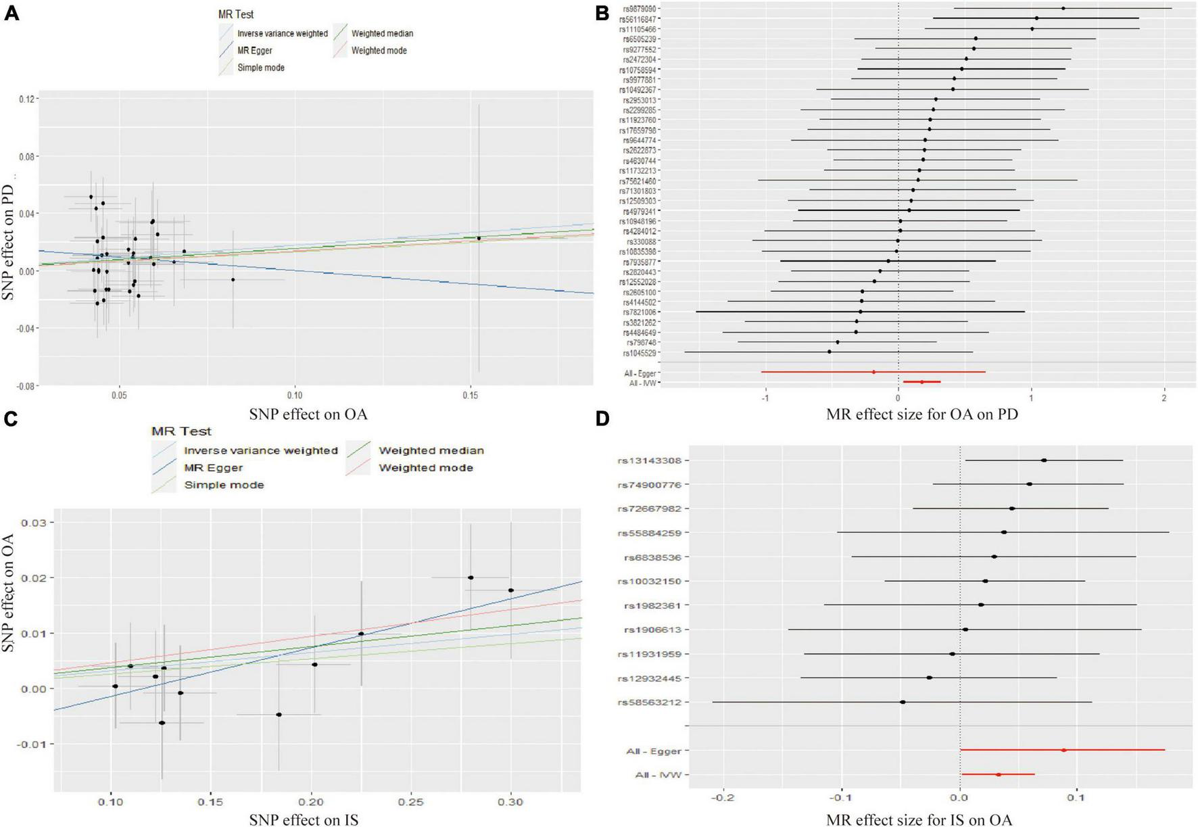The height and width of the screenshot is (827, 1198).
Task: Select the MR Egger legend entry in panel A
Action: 254,51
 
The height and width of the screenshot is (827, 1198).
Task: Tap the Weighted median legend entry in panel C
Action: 431,450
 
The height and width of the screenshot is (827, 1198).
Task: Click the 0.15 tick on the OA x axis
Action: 471,394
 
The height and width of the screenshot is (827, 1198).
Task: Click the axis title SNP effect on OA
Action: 308,414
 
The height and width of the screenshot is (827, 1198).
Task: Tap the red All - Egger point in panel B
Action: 873,372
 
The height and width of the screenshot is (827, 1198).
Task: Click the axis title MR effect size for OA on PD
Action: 921,414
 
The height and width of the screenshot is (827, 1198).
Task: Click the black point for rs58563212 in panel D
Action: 903,702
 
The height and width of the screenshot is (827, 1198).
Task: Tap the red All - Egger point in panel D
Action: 1063,750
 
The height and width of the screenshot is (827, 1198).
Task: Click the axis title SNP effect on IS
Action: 304,820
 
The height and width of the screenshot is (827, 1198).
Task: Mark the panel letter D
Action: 602,419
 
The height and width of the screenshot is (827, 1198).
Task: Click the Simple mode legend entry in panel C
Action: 223,485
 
